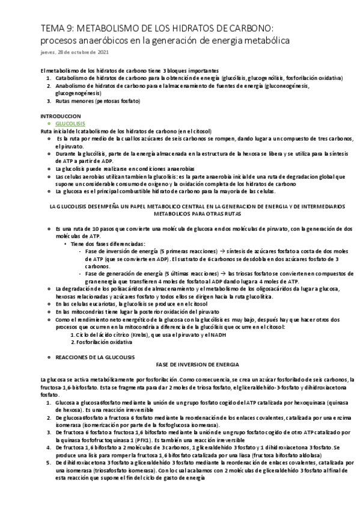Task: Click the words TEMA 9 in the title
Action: (x=54, y=28)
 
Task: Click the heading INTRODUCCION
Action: (x=59, y=115)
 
